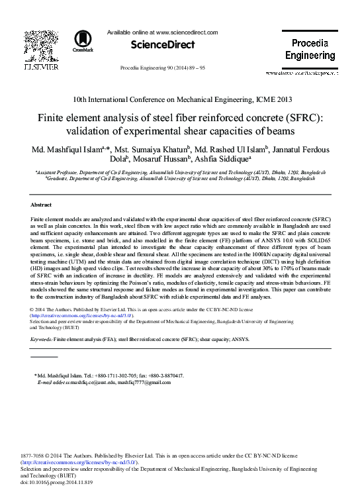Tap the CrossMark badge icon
(x=83, y=41)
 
